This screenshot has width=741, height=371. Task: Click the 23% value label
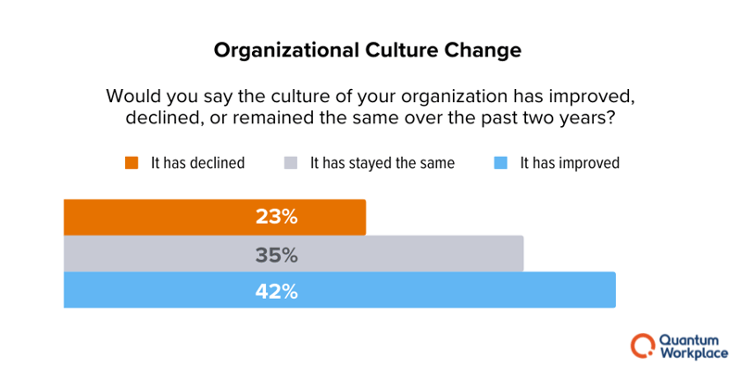click(276, 217)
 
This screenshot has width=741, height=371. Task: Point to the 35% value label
click(276, 254)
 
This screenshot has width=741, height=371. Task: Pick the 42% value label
click(276, 290)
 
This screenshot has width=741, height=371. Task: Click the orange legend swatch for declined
click(132, 163)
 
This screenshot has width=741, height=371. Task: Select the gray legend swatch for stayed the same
click(291, 163)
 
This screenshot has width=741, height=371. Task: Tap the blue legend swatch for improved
click(500, 163)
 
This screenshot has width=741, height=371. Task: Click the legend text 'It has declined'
click(197, 163)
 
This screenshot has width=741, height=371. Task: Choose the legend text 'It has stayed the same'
click(382, 163)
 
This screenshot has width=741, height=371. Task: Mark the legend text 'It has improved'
click(570, 163)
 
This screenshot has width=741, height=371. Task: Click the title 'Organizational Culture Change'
click(368, 49)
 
